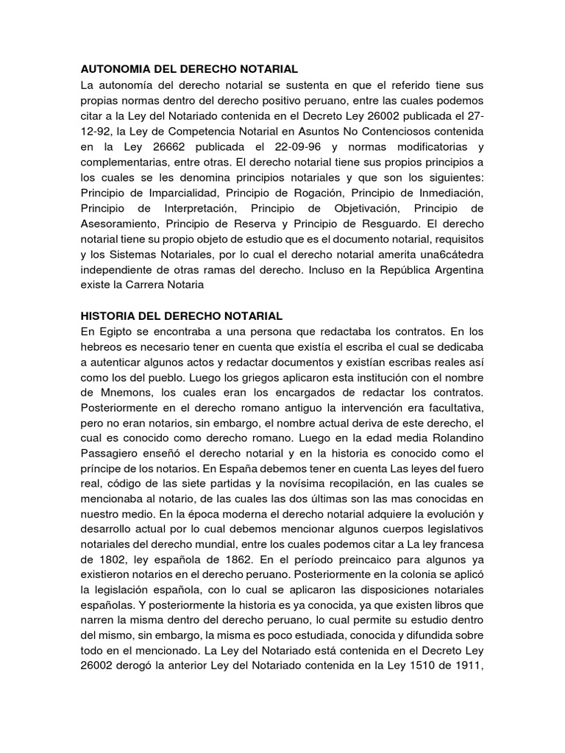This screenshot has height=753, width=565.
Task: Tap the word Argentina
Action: coord(452,270)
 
